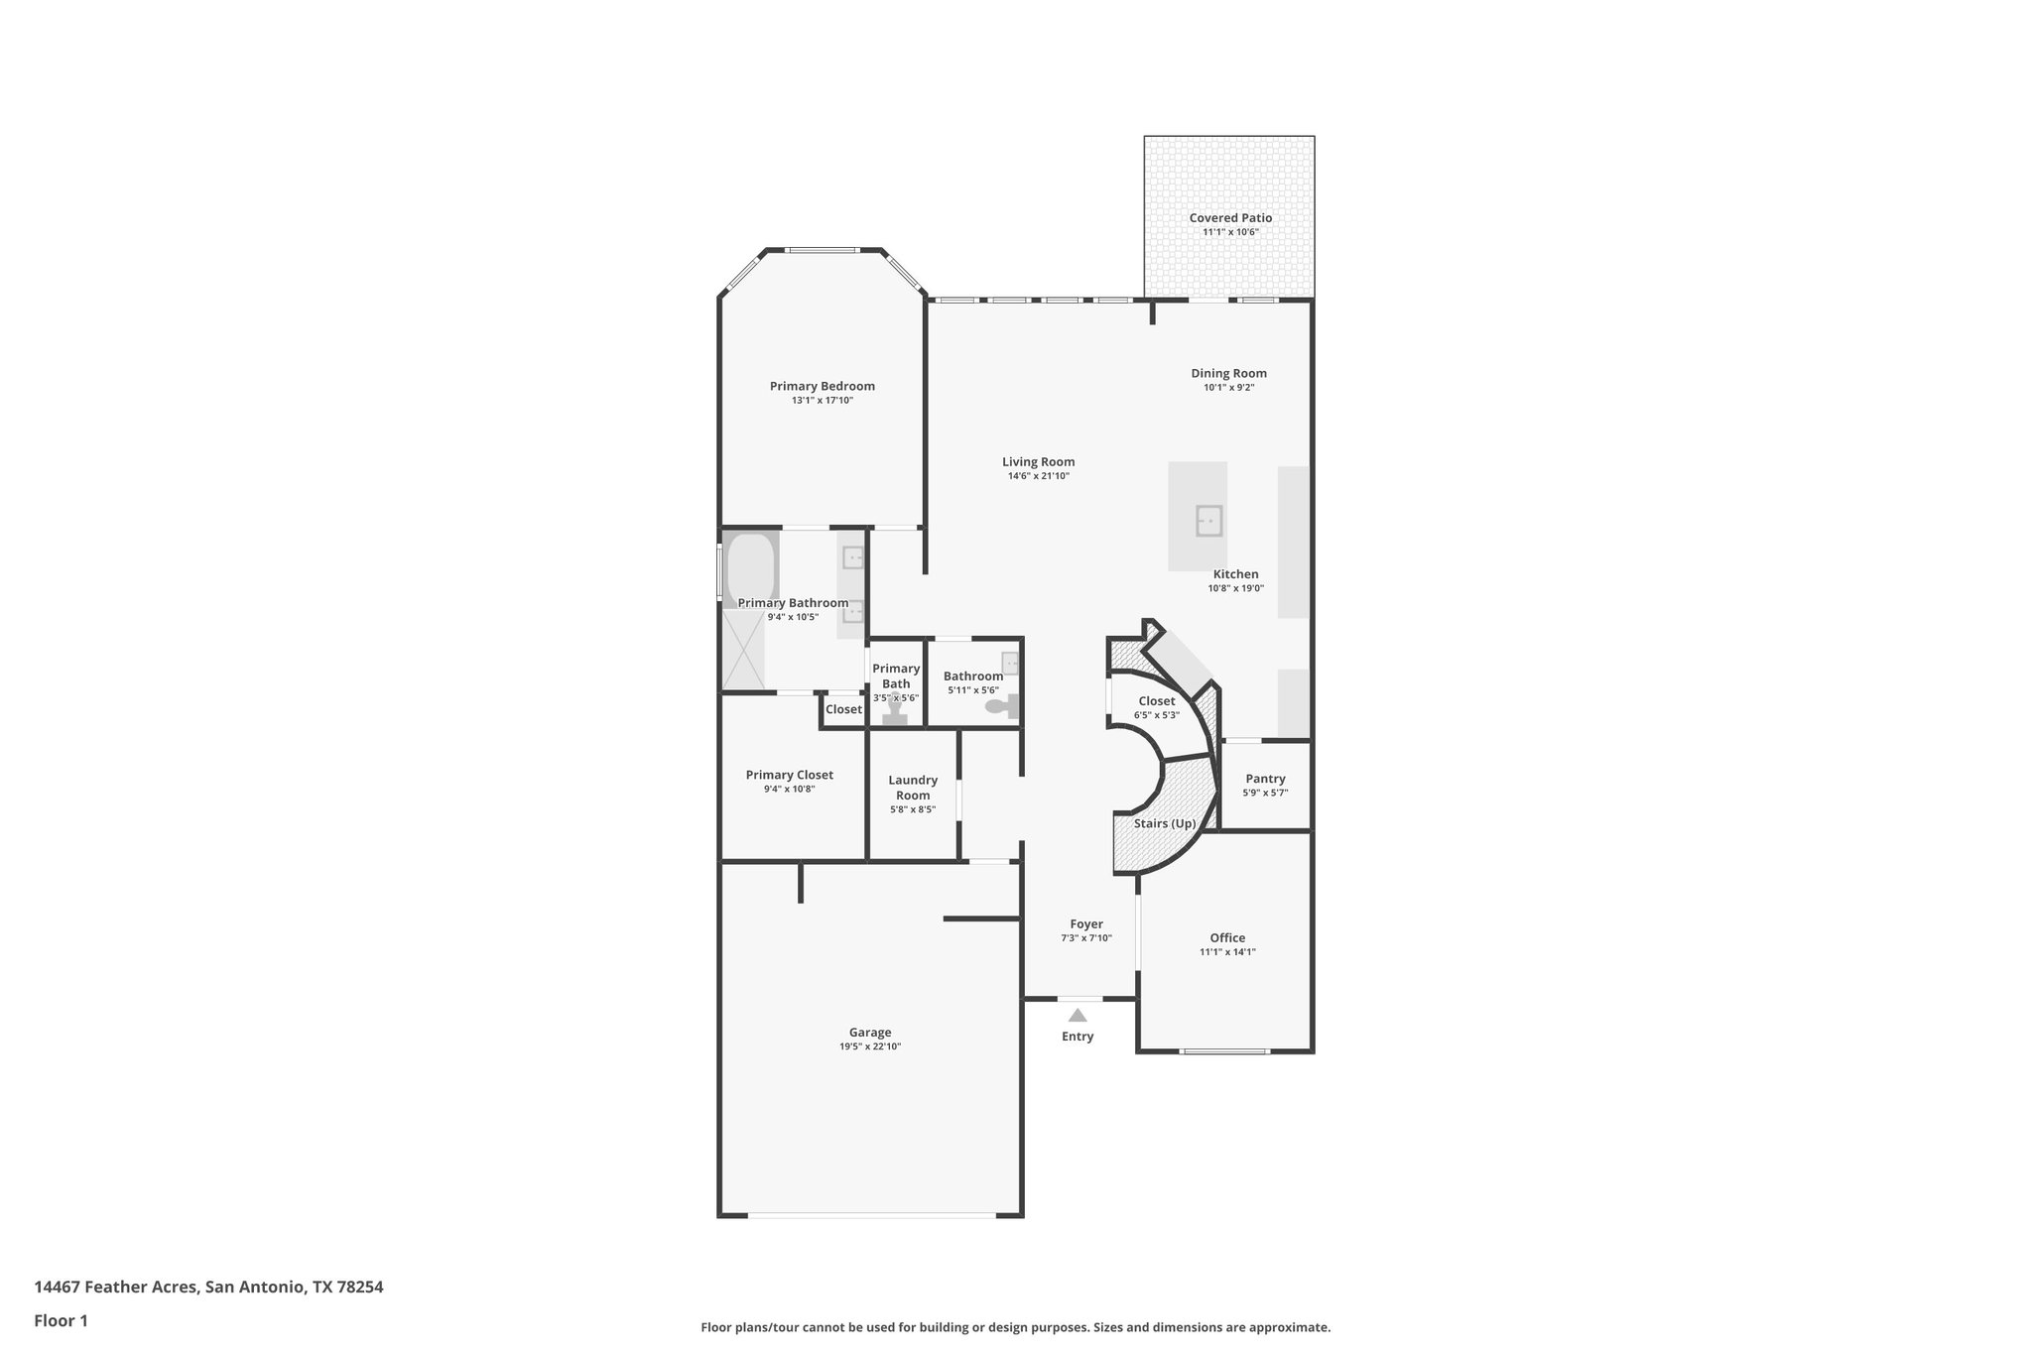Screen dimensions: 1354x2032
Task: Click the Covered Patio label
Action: point(1230,218)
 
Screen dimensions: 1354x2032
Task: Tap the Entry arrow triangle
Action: point(1078,1015)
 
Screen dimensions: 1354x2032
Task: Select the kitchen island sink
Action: point(1208,521)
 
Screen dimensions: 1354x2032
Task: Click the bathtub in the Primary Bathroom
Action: point(751,570)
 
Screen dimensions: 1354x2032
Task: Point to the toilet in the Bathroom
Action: point(1003,706)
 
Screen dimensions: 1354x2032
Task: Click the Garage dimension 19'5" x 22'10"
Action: point(869,1046)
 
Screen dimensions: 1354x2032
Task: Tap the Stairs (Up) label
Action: point(1165,823)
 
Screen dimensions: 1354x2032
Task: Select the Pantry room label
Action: point(1265,779)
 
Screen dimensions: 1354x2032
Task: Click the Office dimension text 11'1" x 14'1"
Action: point(1227,952)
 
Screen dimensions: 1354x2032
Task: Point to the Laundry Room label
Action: point(913,788)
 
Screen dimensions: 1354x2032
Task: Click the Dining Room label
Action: point(1228,374)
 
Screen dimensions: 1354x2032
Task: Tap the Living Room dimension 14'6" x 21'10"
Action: point(1038,476)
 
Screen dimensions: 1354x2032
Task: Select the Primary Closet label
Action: point(789,775)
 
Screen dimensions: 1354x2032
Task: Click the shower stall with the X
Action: point(743,650)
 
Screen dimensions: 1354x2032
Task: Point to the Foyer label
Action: point(1086,923)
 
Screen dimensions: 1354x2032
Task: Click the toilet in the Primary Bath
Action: point(896,712)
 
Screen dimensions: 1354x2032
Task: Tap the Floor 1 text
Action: point(61,1320)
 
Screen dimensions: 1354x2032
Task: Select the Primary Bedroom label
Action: point(822,386)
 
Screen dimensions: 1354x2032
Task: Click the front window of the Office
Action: point(1224,1050)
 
